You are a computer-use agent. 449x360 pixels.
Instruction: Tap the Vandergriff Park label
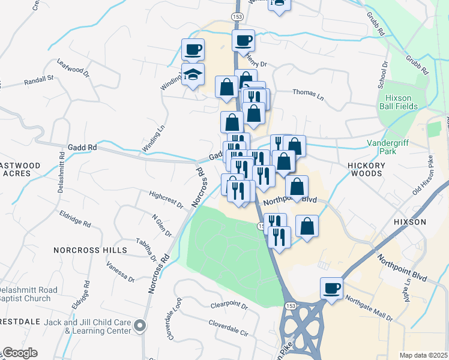click(x=388, y=148)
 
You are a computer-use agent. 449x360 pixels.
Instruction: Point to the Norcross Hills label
click(x=90, y=250)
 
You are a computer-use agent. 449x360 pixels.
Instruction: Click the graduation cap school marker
click(x=193, y=74)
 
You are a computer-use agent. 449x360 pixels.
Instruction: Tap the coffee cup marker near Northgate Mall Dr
click(x=331, y=289)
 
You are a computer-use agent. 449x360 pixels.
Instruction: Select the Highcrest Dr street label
click(x=166, y=199)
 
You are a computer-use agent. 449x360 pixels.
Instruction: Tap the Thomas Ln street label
click(x=308, y=94)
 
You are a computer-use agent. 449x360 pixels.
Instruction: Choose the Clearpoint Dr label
click(x=229, y=305)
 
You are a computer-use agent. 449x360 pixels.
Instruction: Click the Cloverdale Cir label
click(x=228, y=327)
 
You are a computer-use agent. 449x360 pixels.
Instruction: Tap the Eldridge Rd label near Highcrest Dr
click(x=75, y=218)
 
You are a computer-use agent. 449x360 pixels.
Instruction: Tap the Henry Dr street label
click(x=256, y=63)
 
